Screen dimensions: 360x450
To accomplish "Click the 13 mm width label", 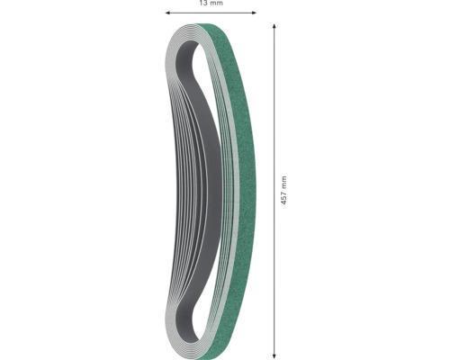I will click(211, 4).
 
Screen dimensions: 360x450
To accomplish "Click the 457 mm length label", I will click(283, 191).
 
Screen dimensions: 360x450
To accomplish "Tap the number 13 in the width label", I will click(203, 4).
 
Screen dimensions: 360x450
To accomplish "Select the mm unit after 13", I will click(217, 4).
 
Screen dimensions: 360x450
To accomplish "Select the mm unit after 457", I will click(283, 181).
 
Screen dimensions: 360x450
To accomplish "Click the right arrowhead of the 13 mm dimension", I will click(253, 13).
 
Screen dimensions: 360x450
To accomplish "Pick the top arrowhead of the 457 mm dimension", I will click(274, 27).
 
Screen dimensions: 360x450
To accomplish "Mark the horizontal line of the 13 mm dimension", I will click(211, 13).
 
